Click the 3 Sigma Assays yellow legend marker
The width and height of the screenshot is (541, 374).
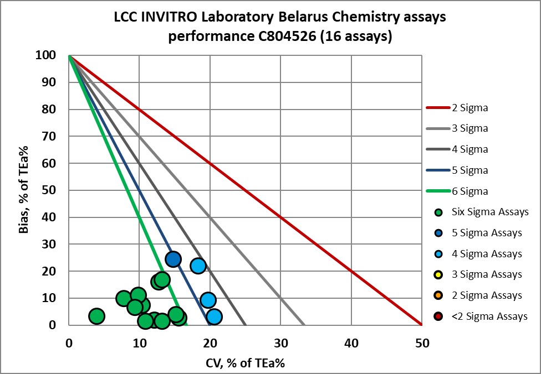pos(439,274)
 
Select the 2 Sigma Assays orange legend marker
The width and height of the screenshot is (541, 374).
pos(439,295)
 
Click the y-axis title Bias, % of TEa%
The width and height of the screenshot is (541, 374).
pos(24,190)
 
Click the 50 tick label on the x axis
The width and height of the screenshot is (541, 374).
pos(422,342)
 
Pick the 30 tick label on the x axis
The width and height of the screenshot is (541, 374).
pos(280,342)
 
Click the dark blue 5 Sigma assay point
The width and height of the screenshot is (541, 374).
pos(173,259)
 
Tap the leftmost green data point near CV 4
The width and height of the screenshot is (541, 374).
pos(96,316)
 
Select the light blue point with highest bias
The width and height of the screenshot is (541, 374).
pos(198,266)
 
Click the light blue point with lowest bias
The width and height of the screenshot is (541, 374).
pos(214,317)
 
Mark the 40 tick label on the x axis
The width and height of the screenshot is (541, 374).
pos(351,342)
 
